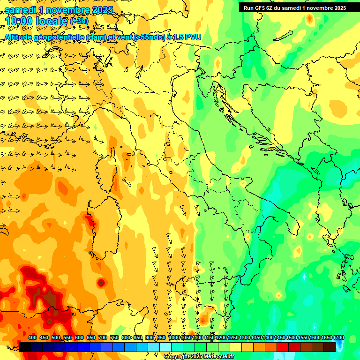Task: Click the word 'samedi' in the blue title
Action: click(x=21, y=9)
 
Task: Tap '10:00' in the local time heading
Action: click(x=19, y=21)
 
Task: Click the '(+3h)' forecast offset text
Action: click(x=78, y=22)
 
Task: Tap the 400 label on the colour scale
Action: click(x=32, y=338)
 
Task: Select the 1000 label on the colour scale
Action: click(x=174, y=338)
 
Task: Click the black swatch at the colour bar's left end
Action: click(x=25, y=347)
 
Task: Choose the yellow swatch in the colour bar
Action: click(x=235, y=347)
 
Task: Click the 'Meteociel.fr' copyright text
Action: click(x=216, y=357)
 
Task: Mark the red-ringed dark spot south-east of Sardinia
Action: click(x=101, y=283)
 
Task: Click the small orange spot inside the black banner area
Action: click(x=309, y=19)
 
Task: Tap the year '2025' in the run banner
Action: click(x=338, y=7)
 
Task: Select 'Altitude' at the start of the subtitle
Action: click(x=21, y=37)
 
